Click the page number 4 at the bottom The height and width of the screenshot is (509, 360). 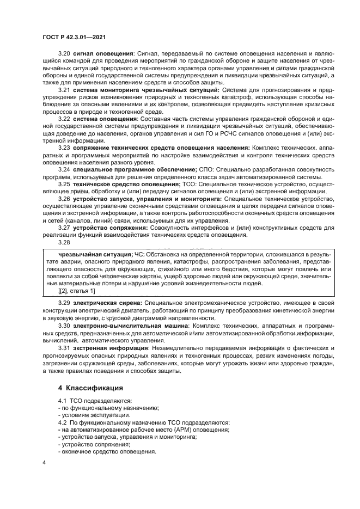coord(44,462)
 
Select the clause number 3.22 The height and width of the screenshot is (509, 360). coord(64,118)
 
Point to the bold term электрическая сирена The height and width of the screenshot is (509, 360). coord(108,303)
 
